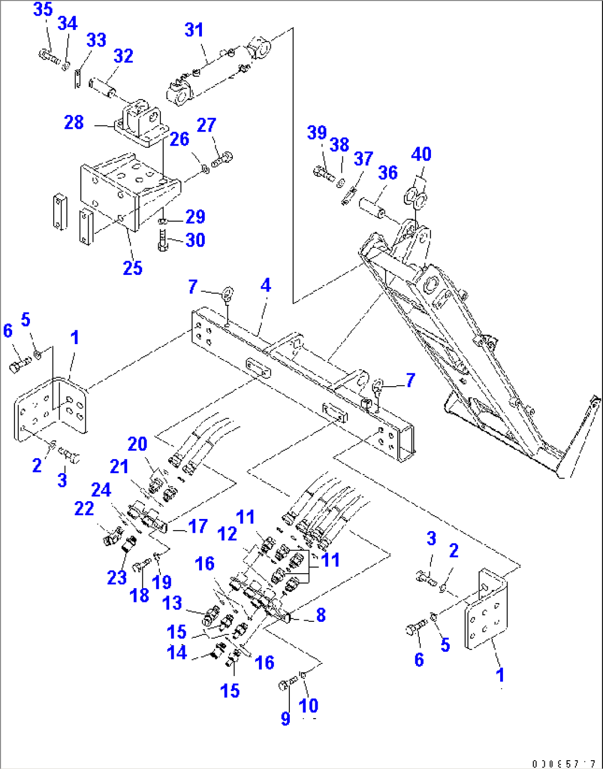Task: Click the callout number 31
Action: click(194, 30)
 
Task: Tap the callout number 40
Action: click(421, 154)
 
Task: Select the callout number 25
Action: click(133, 268)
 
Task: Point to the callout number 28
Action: click(74, 122)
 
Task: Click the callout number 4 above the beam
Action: click(266, 285)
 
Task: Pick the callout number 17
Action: click(197, 526)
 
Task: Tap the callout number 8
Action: click(321, 615)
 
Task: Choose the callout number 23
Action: click(117, 577)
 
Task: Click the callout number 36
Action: click(388, 173)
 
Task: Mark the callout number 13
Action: click(173, 602)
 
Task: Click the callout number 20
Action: click(137, 444)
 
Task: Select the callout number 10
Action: click(309, 705)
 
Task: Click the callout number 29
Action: click(195, 217)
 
